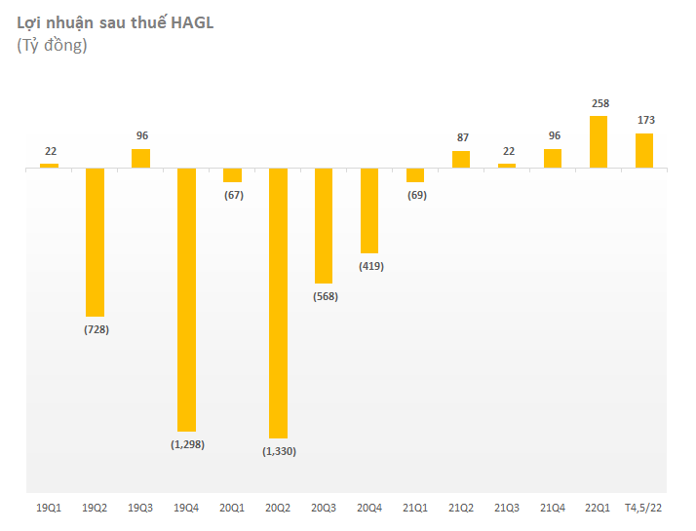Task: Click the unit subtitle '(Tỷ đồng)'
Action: (x=52, y=46)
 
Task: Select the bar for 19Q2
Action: (x=95, y=242)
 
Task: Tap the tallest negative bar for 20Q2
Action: (x=278, y=302)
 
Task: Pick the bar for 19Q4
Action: (x=186, y=299)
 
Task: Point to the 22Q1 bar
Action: (x=599, y=142)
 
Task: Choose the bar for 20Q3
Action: (x=324, y=225)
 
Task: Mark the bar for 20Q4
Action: (x=369, y=210)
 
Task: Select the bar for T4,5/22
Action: (x=644, y=151)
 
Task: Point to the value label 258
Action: (x=599, y=102)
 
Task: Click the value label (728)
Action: (x=95, y=329)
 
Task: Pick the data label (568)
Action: (x=324, y=296)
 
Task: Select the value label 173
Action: (x=644, y=120)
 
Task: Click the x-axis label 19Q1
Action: (x=49, y=508)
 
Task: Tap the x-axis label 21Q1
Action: (x=415, y=508)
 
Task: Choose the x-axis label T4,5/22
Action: (x=644, y=508)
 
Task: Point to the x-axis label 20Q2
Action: (x=278, y=508)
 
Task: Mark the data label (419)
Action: (x=369, y=266)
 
